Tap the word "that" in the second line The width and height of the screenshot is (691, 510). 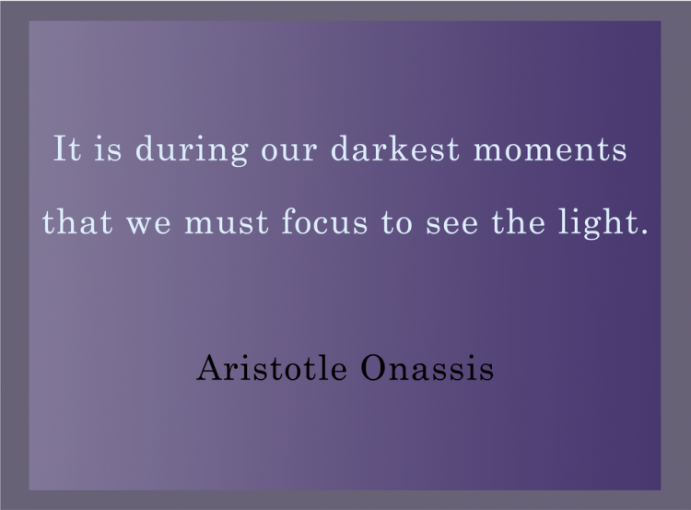[76, 223]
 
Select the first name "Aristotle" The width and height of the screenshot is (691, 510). [273, 369]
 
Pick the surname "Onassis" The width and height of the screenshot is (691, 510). [427, 369]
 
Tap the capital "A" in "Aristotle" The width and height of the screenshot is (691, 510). [208, 369]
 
